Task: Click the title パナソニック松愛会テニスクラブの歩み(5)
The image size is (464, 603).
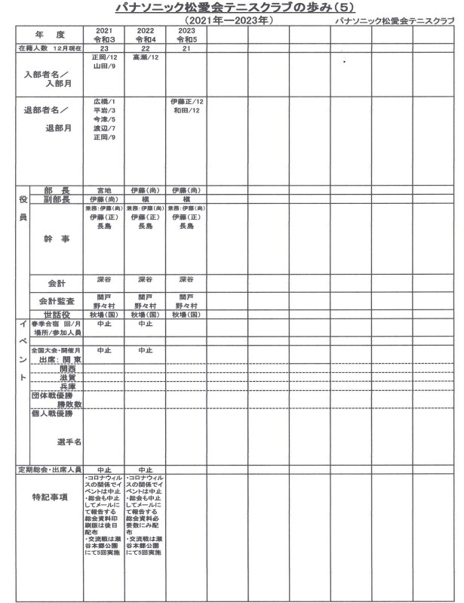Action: coord(232,8)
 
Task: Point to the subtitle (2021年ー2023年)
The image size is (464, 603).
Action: coord(228,20)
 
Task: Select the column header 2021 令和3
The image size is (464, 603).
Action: coord(103,34)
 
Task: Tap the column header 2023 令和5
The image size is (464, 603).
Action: coord(186,34)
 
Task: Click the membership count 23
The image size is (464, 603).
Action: coord(103,48)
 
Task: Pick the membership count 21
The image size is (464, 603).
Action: coord(186,48)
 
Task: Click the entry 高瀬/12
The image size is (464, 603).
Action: coord(145,57)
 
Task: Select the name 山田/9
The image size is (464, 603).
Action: coord(103,66)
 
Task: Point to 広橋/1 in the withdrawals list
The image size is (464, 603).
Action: coord(103,100)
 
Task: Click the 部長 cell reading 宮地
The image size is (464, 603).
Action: coord(103,189)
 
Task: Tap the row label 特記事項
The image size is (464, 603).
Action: coord(50,497)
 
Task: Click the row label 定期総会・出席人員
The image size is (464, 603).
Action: coord(50,469)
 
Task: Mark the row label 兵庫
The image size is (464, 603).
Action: coord(70,386)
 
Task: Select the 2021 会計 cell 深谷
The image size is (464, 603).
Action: coord(103,279)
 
